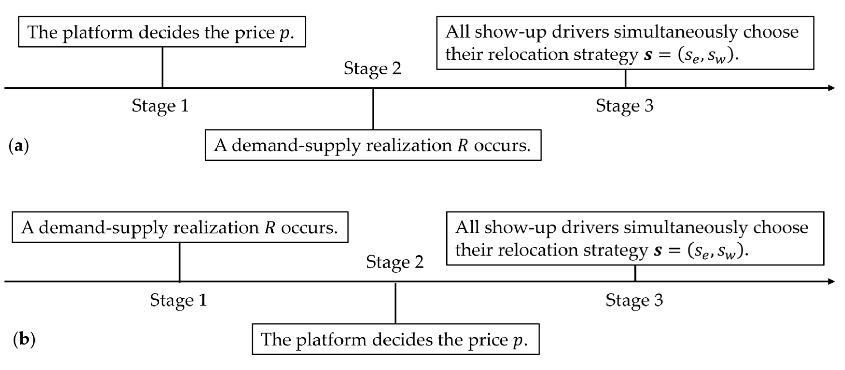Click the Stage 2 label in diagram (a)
(372, 68)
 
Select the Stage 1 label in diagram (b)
(178, 300)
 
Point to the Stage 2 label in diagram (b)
(395, 262)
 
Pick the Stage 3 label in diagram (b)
(634, 300)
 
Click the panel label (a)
(18, 145)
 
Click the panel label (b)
(24, 339)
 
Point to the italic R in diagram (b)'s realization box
(270, 227)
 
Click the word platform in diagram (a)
(98, 33)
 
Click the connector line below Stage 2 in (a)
(373, 109)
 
